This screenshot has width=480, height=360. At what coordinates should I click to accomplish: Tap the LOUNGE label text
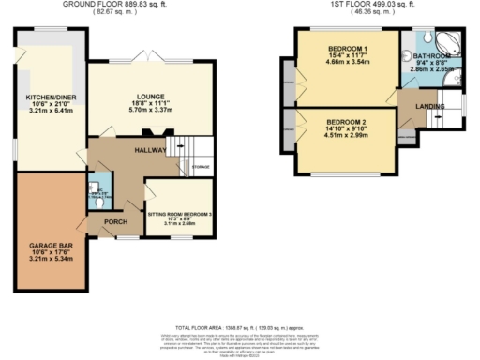tap(150, 95)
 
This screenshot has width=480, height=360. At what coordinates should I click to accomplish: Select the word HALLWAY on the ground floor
tap(150, 149)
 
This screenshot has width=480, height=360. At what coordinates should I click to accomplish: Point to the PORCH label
tap(116, 221)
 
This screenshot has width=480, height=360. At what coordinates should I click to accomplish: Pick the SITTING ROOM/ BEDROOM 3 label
tap(181, 215)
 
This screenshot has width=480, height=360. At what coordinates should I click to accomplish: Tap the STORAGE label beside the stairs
tap(202, 169)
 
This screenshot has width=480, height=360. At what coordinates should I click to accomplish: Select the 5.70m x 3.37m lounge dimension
tap(150, 108)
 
